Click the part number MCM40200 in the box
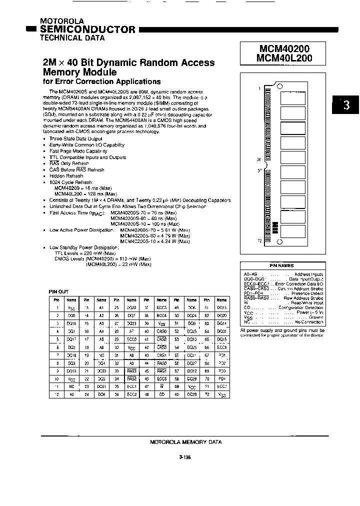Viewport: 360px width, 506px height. point(284,48)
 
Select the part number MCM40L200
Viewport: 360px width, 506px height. point(284,58)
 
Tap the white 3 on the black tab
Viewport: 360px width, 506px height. point(346,105)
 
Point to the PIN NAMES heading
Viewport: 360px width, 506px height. point(282,265)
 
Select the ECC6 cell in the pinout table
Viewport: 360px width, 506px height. point(221,347)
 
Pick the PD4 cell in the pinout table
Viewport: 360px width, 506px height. point(221,379)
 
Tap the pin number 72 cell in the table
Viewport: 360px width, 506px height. point(206,395)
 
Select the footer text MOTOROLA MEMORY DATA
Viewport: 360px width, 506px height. point(185,442)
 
